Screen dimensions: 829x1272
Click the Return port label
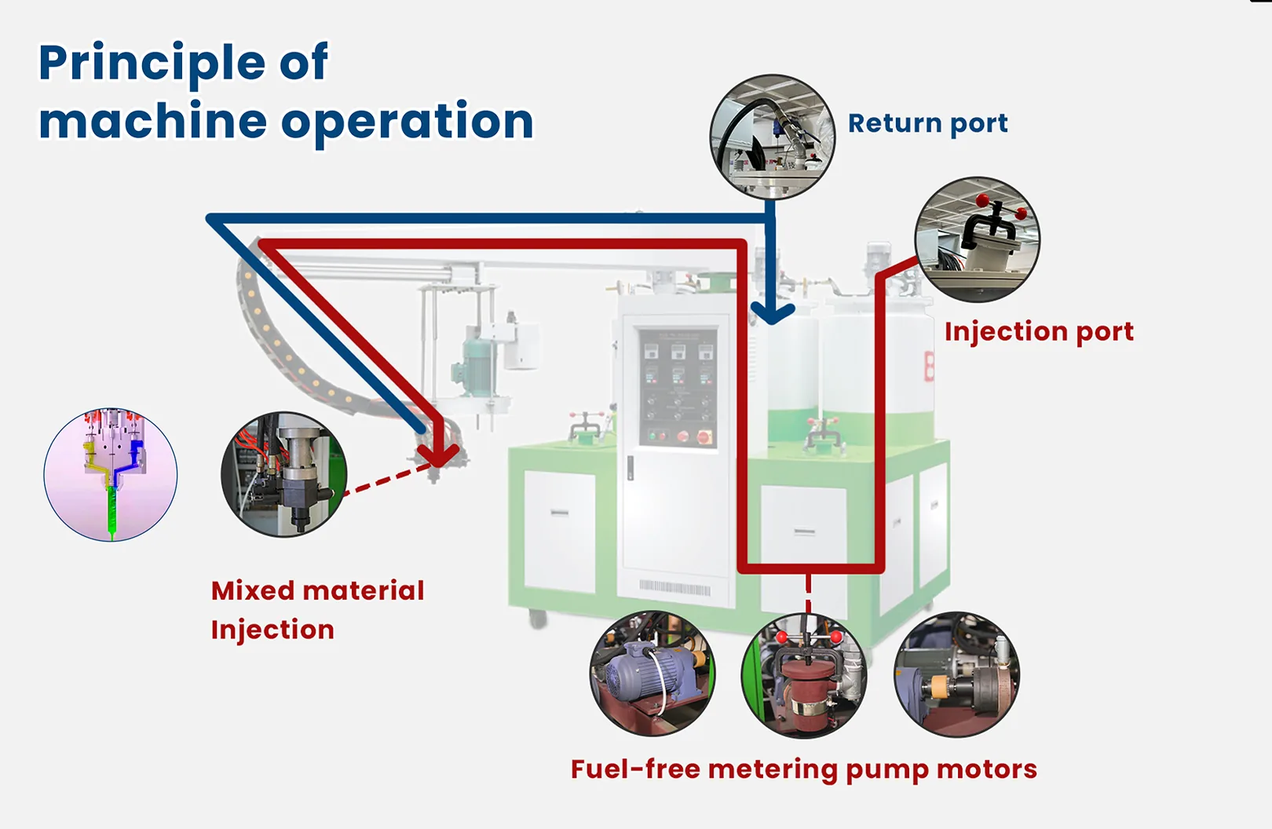[927, 123]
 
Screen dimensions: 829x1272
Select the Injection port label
[1038, 331]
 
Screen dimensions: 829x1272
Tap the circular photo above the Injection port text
[977, 239]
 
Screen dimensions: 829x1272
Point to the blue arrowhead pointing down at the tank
[773, 315]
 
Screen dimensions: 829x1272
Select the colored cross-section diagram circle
[111, 474]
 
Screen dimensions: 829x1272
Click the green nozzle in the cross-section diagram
[111, 510]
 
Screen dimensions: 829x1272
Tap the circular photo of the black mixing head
[283, 474]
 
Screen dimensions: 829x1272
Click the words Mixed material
[317, 590]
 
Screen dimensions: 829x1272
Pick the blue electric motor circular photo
[652, 674]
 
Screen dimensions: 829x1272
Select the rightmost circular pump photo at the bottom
[956, 674]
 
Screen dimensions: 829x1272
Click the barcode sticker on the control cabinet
[674, 588]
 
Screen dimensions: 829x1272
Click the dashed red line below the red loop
[808, 593]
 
